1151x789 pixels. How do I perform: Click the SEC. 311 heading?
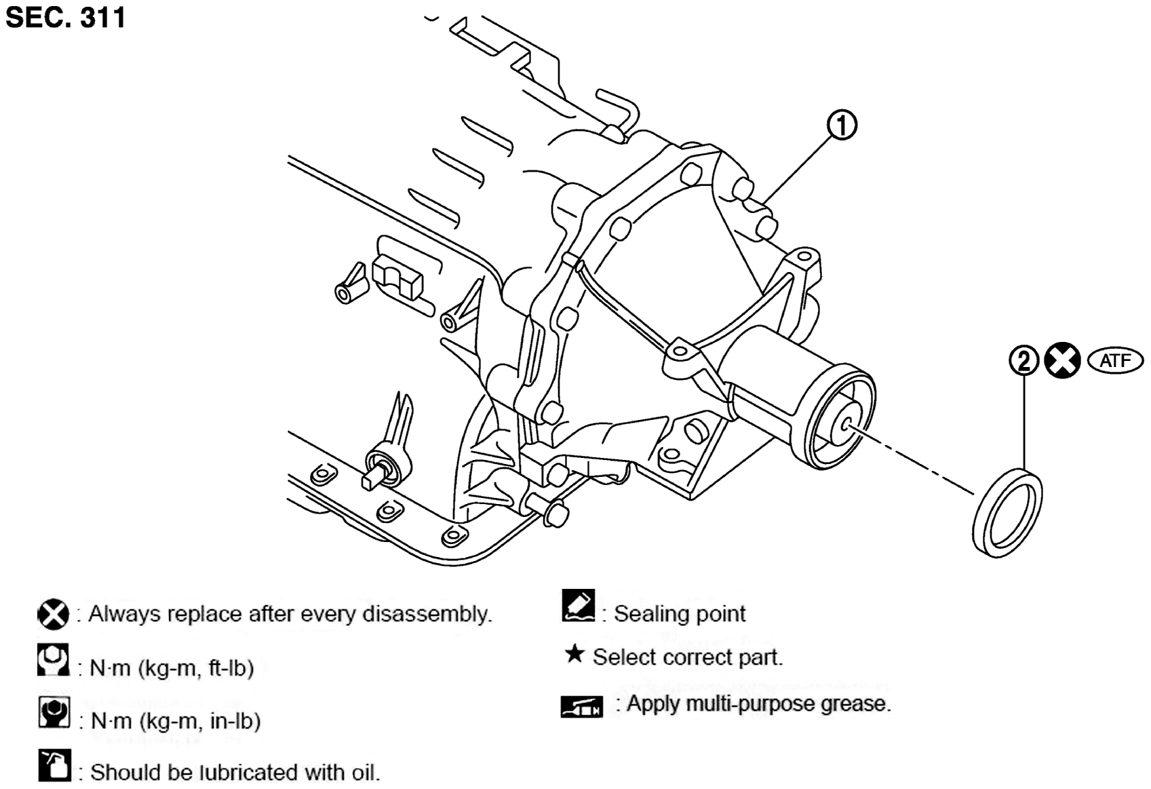pos(65,17)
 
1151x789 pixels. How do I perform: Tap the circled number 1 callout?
pos(842,126)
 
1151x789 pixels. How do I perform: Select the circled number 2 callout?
pos(1024,361)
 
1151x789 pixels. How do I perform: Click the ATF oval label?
pos(1116,361)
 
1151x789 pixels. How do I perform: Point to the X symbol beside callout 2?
pos(1063,360)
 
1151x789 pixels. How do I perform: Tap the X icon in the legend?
pos(54,614)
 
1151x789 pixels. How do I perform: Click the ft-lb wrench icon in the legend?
pos(54,659)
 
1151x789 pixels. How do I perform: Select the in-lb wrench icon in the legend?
pos(54,712)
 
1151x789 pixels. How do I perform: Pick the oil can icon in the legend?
pos(55,765)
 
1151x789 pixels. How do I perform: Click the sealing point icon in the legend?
pos(579,605)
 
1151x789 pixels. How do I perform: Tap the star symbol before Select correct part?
pos(574,654)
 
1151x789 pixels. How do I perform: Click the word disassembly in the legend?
pos(427,614)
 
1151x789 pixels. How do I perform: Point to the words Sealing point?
pos(680,614)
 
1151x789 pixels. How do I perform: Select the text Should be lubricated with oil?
pos(235,772)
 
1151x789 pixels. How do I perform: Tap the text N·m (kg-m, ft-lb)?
pos(172,668)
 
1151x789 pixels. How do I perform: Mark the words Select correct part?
pos(688,657)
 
